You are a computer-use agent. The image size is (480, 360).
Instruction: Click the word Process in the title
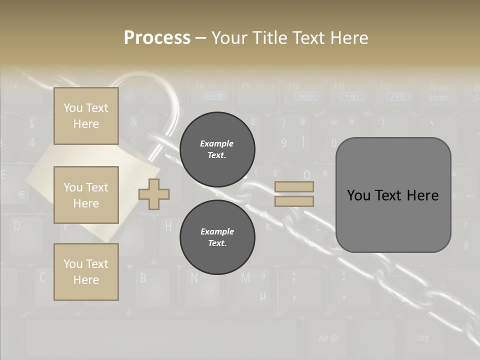[x=157, y=38]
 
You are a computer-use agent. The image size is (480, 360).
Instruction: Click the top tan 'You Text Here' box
[x=86, y=116]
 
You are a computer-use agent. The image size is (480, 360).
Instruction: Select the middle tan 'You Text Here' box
[x=86, y=195]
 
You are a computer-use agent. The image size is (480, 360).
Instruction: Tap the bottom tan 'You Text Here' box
[x=86, y=271]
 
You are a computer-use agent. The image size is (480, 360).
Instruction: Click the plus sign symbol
[x=154, y=194]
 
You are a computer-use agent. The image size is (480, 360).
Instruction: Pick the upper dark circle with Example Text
[x=217, y=149]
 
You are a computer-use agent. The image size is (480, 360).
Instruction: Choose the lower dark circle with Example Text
[x=217, y=237]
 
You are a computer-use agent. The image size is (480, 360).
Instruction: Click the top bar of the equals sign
[x=294, y=186]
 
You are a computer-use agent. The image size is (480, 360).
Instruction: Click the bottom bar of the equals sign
[x=294, y=201]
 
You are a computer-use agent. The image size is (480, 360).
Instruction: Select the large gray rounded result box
[x=393, y=195]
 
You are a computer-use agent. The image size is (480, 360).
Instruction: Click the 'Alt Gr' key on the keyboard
[x=328, y=338]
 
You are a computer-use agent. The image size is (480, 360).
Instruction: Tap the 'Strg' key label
[x=422, y=337]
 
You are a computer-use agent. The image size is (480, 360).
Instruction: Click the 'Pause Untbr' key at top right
[x=439, y=92]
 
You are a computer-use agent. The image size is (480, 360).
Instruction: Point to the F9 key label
[x=245, y=85]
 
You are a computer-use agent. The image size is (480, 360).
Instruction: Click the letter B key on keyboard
[x=143, y=277]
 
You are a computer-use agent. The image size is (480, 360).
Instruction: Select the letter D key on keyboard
[x=17, y=226]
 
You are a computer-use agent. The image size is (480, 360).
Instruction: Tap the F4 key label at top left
[x=13, y=85]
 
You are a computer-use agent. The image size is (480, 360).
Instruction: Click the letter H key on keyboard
[x=168, y=226]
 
